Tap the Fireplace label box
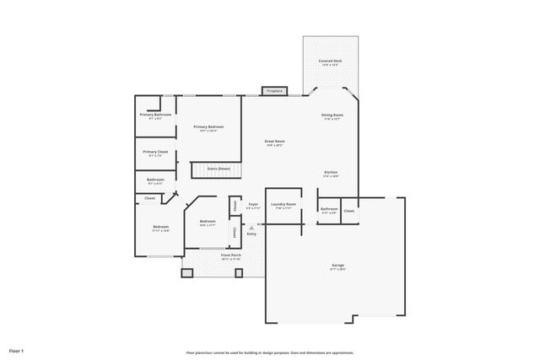click(x=274, y=91)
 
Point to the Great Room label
click(x=274, y=142)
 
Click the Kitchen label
click(x=331, y=173)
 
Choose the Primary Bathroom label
click(x=155, y=115)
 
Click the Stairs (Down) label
click(x=219, y=169)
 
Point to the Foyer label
click(x=252, y=204)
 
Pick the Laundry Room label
click(x=283, y=204)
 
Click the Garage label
click(x=337, y=266)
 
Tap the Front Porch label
click(x=231, y=255)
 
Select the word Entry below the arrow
click(x=251, y=234)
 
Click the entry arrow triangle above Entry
click(x=251, y=227)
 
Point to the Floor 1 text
click(x=17, y=350)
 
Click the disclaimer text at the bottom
click(x=269, y=352)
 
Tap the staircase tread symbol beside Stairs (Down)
click(x=198, y=169)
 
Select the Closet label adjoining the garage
click(x=348, y=211)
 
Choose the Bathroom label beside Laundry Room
click(x=329, y=209)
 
